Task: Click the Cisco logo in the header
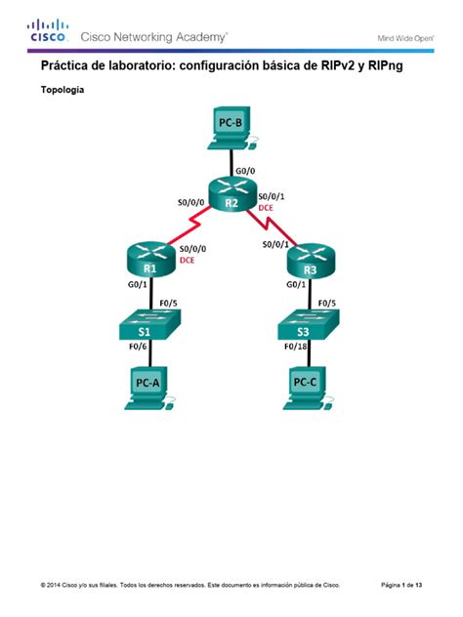coord(48,31)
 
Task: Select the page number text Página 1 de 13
coord(401,585)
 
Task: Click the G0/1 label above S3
coord(297,285)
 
